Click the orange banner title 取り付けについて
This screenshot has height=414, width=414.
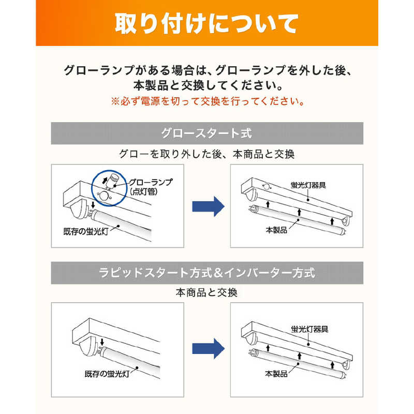click(206, 23)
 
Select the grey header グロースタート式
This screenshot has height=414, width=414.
click(206, 134)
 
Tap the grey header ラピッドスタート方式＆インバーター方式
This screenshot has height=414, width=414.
click(206, 273)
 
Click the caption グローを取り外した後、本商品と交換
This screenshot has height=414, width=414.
click(206, 154)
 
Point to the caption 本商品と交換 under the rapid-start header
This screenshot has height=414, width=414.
click(206, 292)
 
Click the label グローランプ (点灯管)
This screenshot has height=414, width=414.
click(150, 186)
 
